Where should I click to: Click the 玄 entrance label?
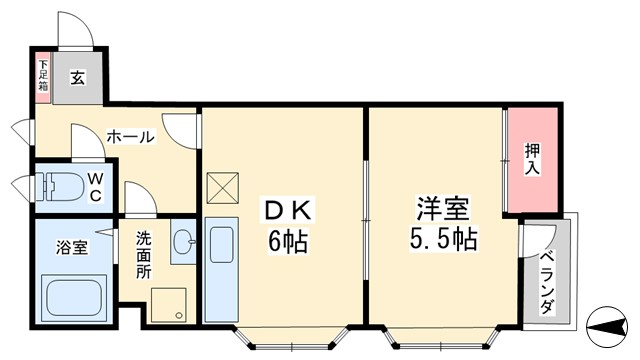pos(77,75)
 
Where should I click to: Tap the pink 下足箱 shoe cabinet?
pos(42,77)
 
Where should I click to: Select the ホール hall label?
pos(130,136)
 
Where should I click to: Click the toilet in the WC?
pos(62,185)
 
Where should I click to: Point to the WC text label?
pos(95,186)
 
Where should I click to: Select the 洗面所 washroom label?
pos(144,254)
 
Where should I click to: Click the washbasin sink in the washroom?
pos(183,241)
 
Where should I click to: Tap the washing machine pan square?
pos(169,304)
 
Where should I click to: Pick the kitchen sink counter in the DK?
pos(220,270)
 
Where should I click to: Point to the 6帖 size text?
pos(287,241)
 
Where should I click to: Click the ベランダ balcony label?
pos(547,283)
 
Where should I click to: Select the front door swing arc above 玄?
pos(77,28)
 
